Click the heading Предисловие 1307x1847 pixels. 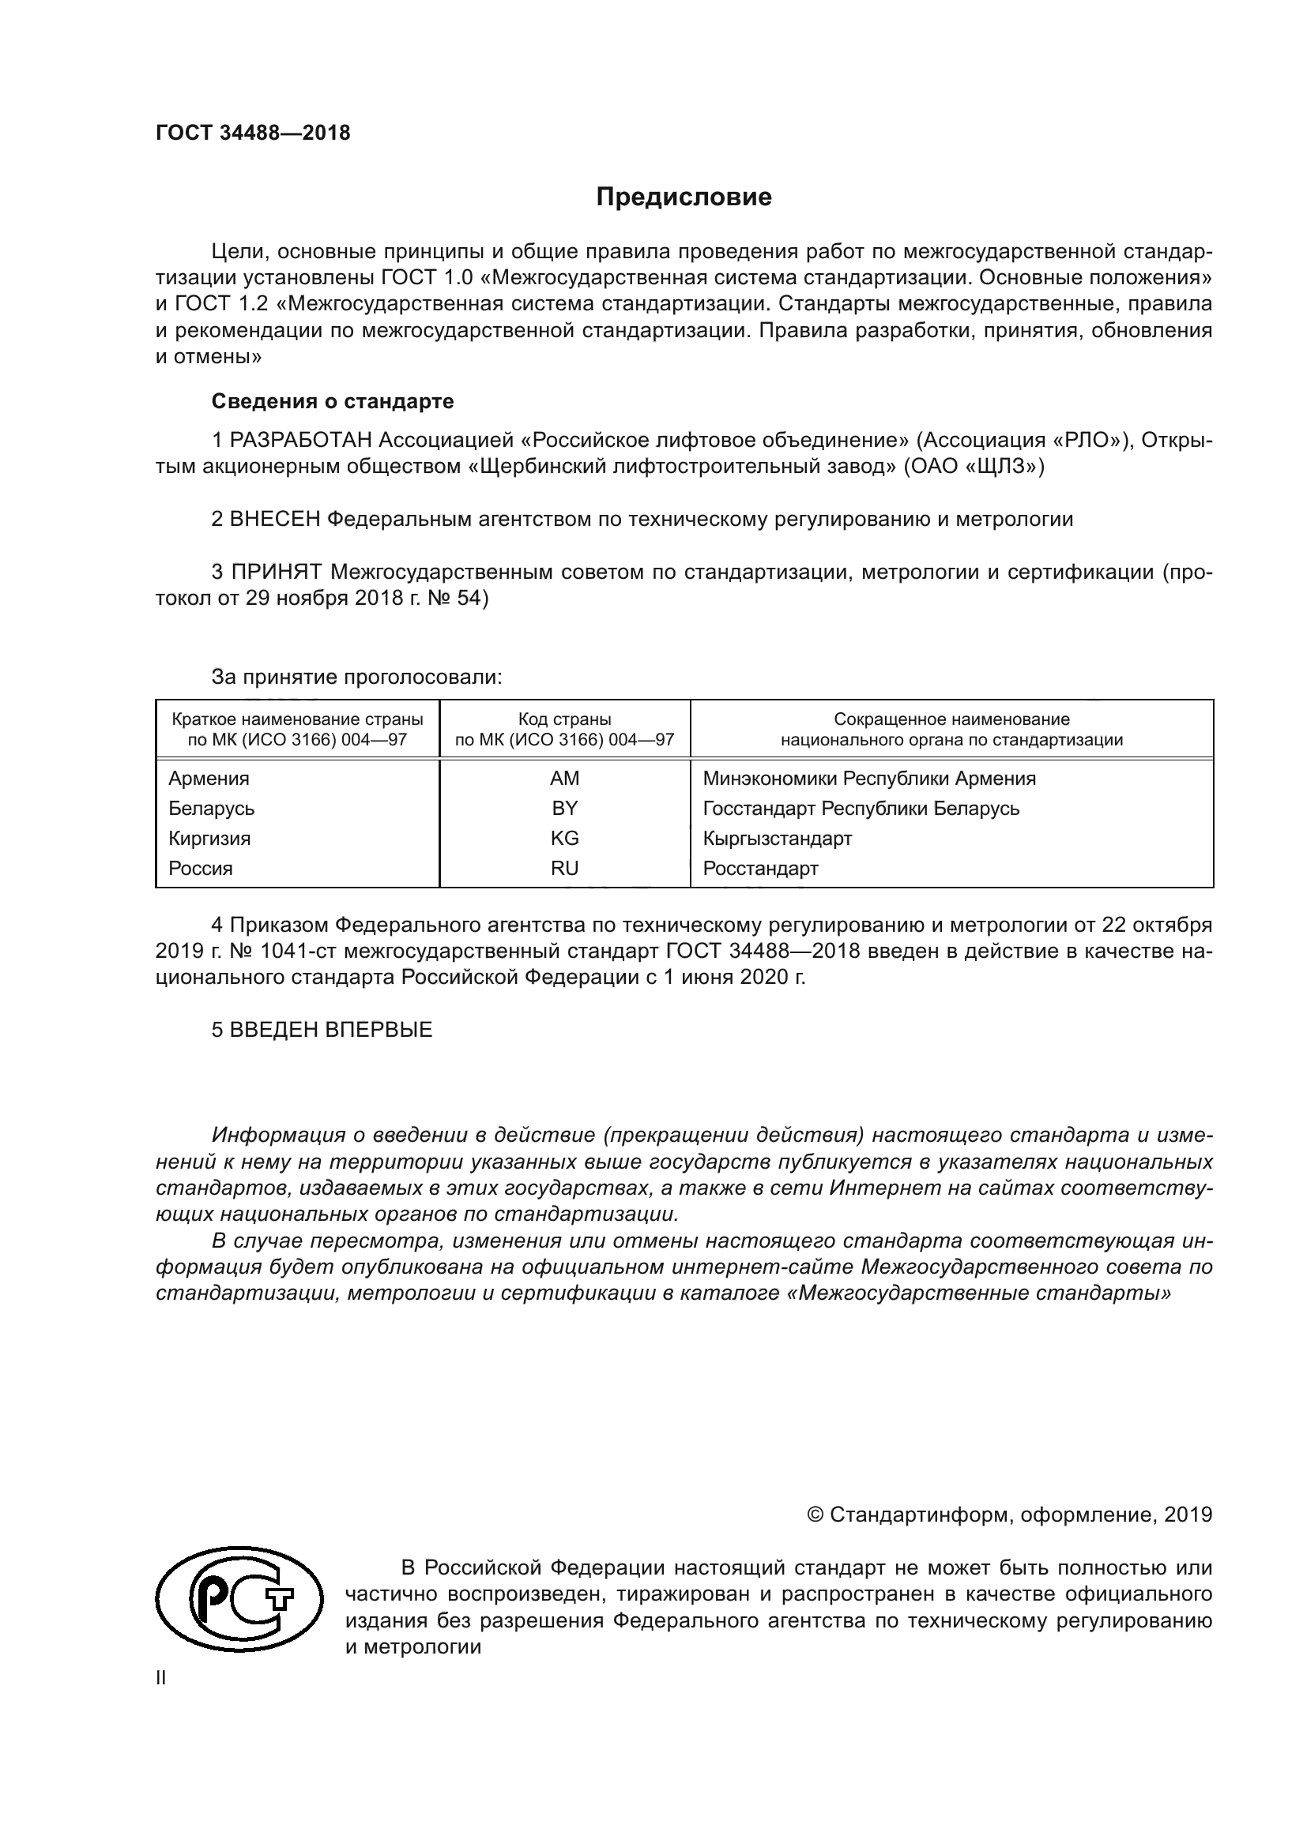click(x=684, y=197)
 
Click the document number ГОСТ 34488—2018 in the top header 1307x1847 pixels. click(x=253, y=133)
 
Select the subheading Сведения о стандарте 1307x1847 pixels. click(x=333, y=401)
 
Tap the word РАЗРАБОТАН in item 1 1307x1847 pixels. click(x=302, y=440)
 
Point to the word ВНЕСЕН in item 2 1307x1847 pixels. click(x=275, y=520)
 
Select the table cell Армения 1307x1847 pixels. click(x=209, y=779)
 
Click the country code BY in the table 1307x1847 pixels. click(x=564, y=809)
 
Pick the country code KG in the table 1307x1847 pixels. click(x=564, y=839)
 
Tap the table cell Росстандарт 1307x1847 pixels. click(x=760, y=869)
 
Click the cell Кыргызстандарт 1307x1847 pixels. click(x=778, y=839)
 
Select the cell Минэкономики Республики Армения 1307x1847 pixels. click(x=869, y=779)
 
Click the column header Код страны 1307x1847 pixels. click(x=564, y=719)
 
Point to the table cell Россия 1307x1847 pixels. click(x=201, y=869)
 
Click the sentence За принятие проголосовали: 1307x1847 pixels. click(x=356, y=678)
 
